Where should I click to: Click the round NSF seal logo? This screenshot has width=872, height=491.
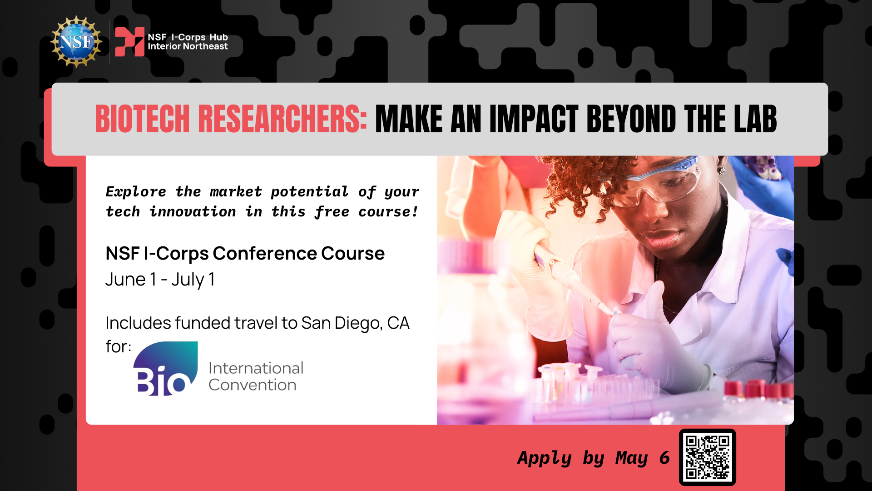coord(76,42)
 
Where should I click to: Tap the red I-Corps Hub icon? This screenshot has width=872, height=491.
coord(129,42)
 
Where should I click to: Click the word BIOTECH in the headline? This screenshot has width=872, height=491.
coord(142,119)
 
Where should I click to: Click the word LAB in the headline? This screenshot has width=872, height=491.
coord(755,119)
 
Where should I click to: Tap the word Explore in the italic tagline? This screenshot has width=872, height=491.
coord(136,192)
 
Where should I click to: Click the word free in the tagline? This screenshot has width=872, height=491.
coord(332,212)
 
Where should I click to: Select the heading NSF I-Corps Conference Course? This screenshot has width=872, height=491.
coord(245,253)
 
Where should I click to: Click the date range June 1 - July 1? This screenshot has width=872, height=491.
coord(160,280)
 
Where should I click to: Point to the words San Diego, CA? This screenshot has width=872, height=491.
coord(355,323)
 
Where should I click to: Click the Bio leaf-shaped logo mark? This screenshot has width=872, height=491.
coord(165,368)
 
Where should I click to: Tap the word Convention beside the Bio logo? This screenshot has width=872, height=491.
coord(253,385)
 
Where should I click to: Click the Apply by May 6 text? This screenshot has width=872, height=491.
coord(594,458)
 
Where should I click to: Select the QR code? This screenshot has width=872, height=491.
coord(708,457)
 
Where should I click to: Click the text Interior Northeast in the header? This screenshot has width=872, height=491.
coord(188,46)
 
